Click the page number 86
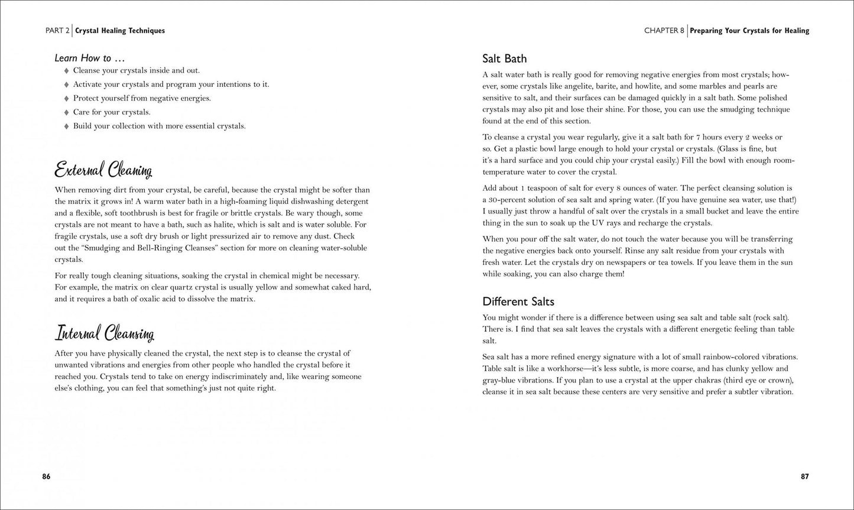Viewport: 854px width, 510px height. click(46, 477)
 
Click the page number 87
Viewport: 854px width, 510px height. click(804, 477)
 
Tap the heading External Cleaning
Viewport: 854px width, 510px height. click(103, 170)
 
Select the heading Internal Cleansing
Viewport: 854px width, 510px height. click(105, 333)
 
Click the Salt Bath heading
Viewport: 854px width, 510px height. click(504, 59)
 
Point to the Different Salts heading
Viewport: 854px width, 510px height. click(518, 301)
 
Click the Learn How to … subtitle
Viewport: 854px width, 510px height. click(89, 58)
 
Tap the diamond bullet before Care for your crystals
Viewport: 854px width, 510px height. click(66, 112)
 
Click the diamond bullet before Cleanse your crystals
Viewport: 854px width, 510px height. click(66, 70)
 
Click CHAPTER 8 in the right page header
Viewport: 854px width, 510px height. click(664, 31)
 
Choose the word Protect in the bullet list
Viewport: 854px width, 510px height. click(86, 98)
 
